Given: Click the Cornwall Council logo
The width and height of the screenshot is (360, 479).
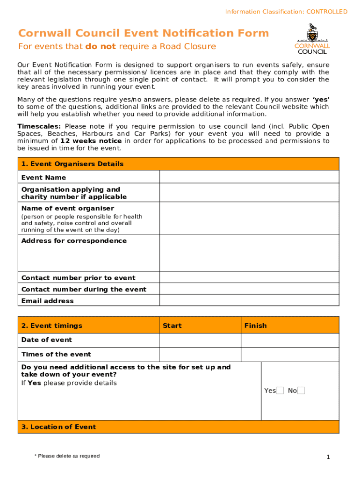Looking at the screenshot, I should [x=312, y=39].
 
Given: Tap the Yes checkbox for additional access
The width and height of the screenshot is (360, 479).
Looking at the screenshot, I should [x=280, y=391].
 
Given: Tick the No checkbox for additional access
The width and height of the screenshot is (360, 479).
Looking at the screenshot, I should [x=301, y=391].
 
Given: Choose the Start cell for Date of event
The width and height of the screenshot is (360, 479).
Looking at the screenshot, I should [x=200, y=340].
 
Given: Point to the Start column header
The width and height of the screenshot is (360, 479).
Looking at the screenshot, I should [x=172, y=326].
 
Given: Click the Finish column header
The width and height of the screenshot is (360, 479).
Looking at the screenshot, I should [x=255, y=326].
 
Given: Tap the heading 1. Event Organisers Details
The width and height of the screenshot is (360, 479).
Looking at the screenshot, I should [x=72, y=164].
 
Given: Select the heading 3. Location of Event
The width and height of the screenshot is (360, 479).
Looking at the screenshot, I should [x=58, y=427].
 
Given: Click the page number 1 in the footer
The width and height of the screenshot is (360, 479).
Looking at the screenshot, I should [x=328, y=457].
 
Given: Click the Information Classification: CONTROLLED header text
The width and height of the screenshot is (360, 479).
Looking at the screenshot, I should [x=286, y=12].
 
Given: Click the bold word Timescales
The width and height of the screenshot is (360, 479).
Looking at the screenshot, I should [x=39, y=126].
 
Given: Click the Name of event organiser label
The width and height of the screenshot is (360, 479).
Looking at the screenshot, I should [x=68, y=208].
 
